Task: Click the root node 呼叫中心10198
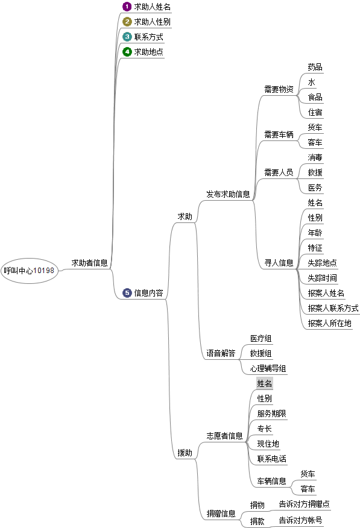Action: (30, 271)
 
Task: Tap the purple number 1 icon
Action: (127, 7)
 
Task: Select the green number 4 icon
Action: (127, 51)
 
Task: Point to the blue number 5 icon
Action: (127, 292)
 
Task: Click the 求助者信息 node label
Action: (90, 263)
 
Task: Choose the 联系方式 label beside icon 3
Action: (148, 37)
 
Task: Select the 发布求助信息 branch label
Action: (228, 194)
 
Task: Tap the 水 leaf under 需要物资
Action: (312, 82)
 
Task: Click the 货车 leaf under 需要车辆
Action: (315, 127)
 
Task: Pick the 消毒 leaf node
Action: (315, 157)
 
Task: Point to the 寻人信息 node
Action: (279, 263)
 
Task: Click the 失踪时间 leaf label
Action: (322, 278)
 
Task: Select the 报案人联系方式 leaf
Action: (333, 308)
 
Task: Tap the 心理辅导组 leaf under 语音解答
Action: (268, 368)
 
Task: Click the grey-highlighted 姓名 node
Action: (264, 383)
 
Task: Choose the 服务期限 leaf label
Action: (271, 413)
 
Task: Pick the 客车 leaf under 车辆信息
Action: (308, 489)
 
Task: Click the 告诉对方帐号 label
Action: (300, 520)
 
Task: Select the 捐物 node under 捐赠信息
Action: (257, 505)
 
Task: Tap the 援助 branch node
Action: (185, 453)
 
